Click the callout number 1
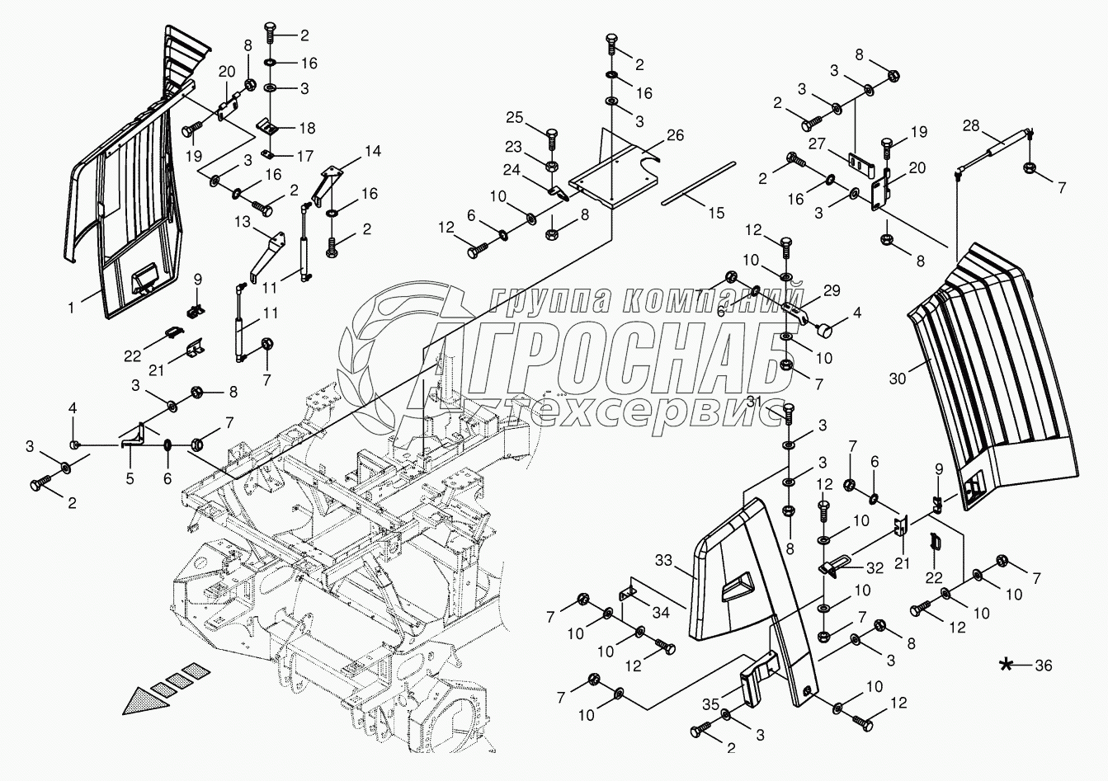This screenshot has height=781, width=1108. tap(72, 307)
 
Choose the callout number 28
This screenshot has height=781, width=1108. tap(970, 125)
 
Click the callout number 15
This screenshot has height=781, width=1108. tap(715, 212)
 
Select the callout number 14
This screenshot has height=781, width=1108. tap(374, 151)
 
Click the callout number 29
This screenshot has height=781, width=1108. tap(832, 289)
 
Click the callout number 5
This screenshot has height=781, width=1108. tap(129, 476)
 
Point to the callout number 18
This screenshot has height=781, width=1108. tap(306, 128)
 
